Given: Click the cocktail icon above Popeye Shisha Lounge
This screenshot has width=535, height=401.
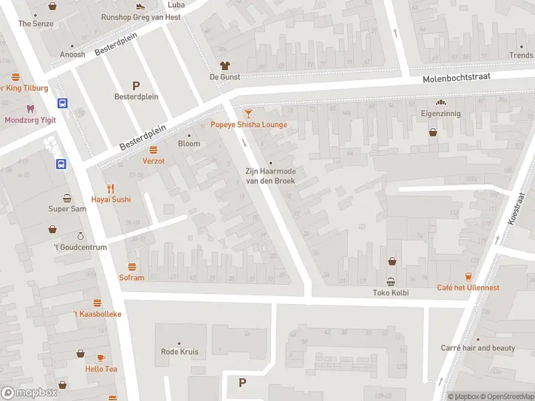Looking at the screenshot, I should pos(249,114).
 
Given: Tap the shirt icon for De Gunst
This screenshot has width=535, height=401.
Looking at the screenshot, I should pos(225,65).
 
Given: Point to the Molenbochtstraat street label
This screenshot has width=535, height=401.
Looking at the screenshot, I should pos(457,78).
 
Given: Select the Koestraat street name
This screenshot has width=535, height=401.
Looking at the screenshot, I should pos(516,209).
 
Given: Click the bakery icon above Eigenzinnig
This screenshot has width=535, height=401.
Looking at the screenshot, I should pos(441,103).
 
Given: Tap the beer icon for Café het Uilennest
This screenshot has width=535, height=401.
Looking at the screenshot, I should pos(468,277).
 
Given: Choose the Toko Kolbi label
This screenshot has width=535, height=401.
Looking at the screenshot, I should pos(391,293).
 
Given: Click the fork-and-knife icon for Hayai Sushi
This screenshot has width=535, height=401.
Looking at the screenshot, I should pos(111,188).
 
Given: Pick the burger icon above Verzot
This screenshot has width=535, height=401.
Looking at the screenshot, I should pos(153,150).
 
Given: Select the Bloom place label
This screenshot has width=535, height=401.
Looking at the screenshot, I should pos(189,144).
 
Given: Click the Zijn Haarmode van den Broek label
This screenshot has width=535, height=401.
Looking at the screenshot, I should pos(270,176).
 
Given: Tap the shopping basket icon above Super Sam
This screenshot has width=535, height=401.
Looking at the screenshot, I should pos(68,198).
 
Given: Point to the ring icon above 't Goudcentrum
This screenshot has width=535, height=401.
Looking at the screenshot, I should pos(80,236).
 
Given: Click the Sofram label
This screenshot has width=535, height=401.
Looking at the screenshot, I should pos(132,277).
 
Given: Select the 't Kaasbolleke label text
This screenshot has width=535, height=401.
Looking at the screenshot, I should pos(98,313).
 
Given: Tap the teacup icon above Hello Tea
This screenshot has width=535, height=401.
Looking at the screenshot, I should pos(101,358).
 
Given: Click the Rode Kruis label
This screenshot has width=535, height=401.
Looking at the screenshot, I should pos(180,352).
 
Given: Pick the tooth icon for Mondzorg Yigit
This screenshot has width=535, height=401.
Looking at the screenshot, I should pos(29,108).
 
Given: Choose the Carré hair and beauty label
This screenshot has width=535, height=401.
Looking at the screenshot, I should pos(477,348).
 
